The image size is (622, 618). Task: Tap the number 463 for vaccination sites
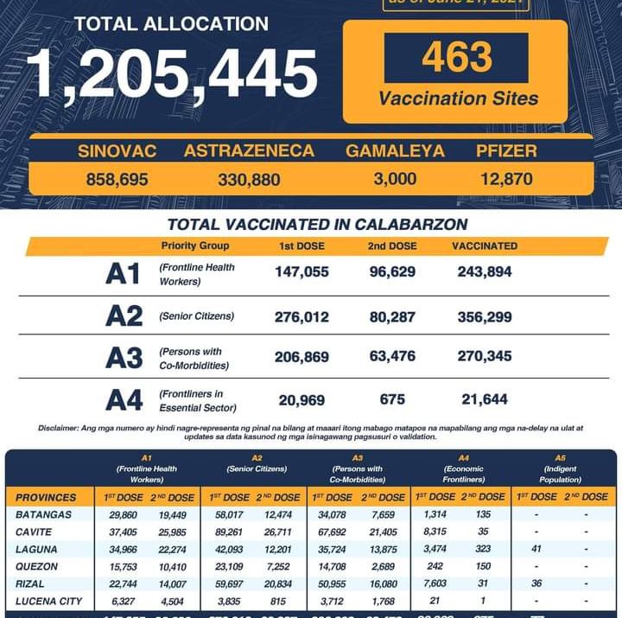(x=456, y=58)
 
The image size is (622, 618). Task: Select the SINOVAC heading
(x=117, y=151)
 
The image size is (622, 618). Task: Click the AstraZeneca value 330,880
(x=249, y=180)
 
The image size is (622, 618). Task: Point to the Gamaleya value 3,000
(x=396, y=180)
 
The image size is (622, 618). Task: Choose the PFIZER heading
(x=506, y=151)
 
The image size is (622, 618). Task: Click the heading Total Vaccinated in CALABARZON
(x=318, y=225)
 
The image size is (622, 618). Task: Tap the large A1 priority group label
(x=123, y=274)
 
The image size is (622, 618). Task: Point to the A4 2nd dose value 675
(x=392, y=398)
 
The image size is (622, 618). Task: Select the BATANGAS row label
(x=43, y=516)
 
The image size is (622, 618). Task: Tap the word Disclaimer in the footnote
(x=58, y=428)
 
